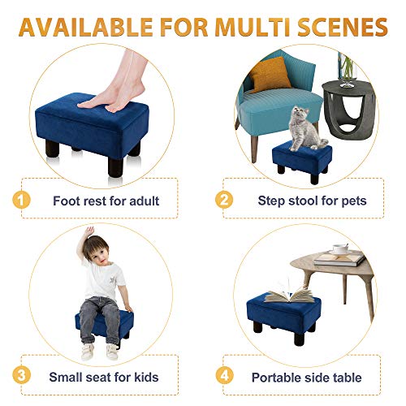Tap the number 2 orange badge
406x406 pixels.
222,200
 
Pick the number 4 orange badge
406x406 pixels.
222,377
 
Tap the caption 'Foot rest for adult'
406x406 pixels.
106,201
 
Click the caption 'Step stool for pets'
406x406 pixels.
312,201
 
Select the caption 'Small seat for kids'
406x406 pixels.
103,378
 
